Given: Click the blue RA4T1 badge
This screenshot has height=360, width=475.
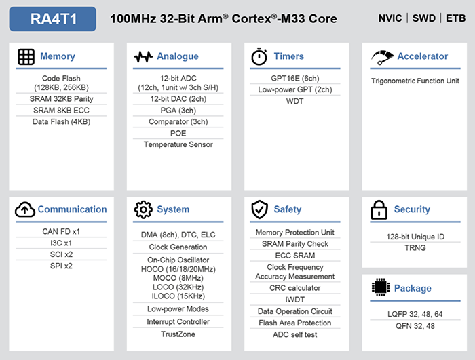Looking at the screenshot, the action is (53, 19).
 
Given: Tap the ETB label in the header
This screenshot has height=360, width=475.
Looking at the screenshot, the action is (455, 18).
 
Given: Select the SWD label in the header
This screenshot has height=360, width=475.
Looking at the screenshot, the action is (424, 18).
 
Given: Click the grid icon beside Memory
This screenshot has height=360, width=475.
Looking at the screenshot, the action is (26, 57).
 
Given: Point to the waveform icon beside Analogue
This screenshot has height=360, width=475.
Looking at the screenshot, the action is (143, 57).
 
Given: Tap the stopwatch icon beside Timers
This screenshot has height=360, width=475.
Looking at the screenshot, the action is (259, 57).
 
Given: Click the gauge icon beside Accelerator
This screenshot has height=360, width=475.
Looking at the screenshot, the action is (382, 57).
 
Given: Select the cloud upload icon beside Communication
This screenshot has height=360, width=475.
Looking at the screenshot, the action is (25, 209).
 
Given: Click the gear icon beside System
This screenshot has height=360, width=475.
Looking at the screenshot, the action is (143, 209).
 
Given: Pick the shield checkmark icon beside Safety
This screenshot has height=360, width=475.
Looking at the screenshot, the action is (260, 209).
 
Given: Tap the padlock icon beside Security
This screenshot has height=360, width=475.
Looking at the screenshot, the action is (379, 209).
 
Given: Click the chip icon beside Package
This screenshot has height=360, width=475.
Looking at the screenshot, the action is (381, 287).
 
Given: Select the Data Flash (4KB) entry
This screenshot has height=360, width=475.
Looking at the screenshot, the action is (62, 122).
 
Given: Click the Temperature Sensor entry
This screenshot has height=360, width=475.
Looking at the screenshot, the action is (178, 144).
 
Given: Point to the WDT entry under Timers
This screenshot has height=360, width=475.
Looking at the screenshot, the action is (294, 101).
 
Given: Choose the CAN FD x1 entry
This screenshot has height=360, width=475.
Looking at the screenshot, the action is (61, 232).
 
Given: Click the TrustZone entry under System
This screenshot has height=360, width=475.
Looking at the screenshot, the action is (178, 334).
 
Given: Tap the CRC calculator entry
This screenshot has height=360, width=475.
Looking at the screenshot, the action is (295, 288).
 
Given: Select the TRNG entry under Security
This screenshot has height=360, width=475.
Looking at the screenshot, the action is (415, 248).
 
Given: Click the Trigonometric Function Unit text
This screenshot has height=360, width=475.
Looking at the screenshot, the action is (415, 81).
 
